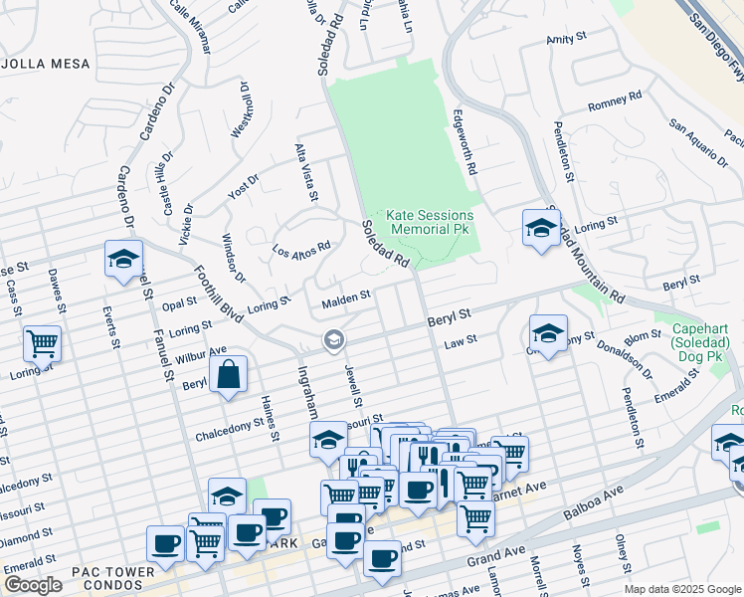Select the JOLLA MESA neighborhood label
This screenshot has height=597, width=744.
(45, 64)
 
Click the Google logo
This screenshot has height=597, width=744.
(33, 585)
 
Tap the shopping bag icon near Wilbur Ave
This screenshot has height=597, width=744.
(228, 375)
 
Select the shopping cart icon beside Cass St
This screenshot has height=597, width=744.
(42, 343)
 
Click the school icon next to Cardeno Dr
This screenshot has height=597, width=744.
(123, 259)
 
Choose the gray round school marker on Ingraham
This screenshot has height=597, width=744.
(334, 341)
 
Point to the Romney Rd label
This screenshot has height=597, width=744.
(615, 101)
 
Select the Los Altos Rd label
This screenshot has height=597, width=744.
(301, 248)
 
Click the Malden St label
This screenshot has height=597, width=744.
(345, 297)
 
